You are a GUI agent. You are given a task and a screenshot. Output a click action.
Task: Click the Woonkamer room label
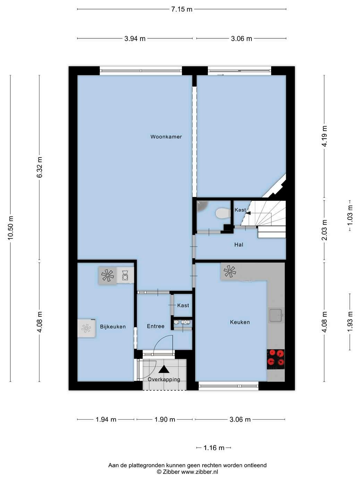pyautogui.click(x=166, y=137)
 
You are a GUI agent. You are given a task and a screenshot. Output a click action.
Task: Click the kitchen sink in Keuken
pyautogui.click(x=276, y=315)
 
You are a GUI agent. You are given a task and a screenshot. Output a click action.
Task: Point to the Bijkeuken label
pyautogui.click(x=113, y=326)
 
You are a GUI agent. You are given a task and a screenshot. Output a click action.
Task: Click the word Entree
pyautogui.click(x=155, y=326)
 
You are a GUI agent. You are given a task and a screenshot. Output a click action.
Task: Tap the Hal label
pyautogui.click(x=239, y=245)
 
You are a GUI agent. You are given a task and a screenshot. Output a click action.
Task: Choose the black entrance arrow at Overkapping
pyautogui.click(x=164, y=369)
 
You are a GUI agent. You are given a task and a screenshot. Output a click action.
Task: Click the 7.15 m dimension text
pyautogui.click(x=182, y=9)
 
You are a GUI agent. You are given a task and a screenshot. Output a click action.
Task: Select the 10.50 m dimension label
pyautogui.click(x=10, y=228)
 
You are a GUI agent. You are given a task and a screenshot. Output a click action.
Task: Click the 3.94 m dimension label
pyautogui.click(x=135, y=39)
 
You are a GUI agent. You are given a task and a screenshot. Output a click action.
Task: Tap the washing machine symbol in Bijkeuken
pyautogui.click(x=125, y=275)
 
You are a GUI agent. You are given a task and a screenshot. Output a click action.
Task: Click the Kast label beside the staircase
pyautogui.click(x=240, y=210)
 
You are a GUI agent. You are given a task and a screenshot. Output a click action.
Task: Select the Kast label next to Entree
pyautogui.click(x=183, y=305)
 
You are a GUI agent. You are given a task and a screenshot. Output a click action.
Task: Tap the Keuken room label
pyautogui.click(x=240, y=322)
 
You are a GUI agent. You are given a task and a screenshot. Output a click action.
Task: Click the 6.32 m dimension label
pyautogui.click(x=40, y=167)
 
